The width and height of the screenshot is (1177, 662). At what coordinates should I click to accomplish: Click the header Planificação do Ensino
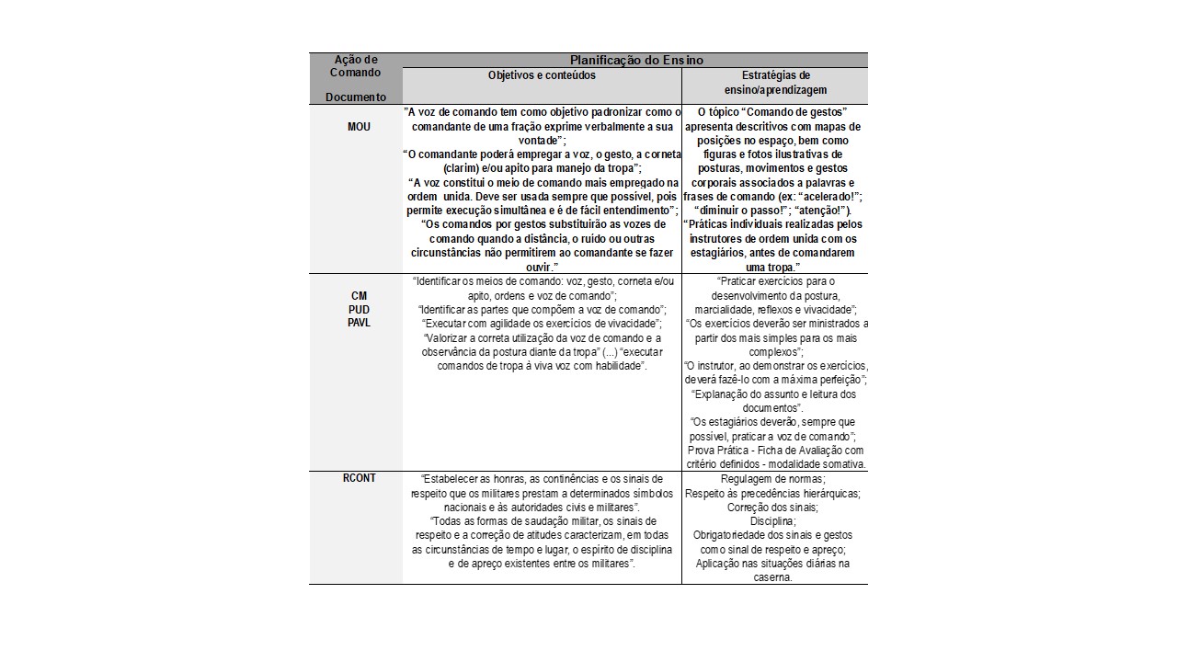[x=635, y=60]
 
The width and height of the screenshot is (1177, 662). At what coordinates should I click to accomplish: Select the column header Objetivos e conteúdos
[x=542, y=75]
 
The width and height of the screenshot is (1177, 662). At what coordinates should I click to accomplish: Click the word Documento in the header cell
[x=356, y=97]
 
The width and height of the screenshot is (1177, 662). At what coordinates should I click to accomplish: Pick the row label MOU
[x=359, y=127]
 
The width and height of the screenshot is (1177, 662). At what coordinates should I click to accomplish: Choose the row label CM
[x=359, y=296]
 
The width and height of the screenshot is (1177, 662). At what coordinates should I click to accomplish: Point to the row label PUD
[x=359, y=310]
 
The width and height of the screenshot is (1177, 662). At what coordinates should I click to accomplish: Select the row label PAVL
[x=359, y=324]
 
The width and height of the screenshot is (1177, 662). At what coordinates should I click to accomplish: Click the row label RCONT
[x=359, y=478]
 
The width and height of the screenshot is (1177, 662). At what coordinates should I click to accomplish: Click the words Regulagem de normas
[x=773, y=479]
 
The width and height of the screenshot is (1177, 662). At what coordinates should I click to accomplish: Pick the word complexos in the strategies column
[x=774, y=352]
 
